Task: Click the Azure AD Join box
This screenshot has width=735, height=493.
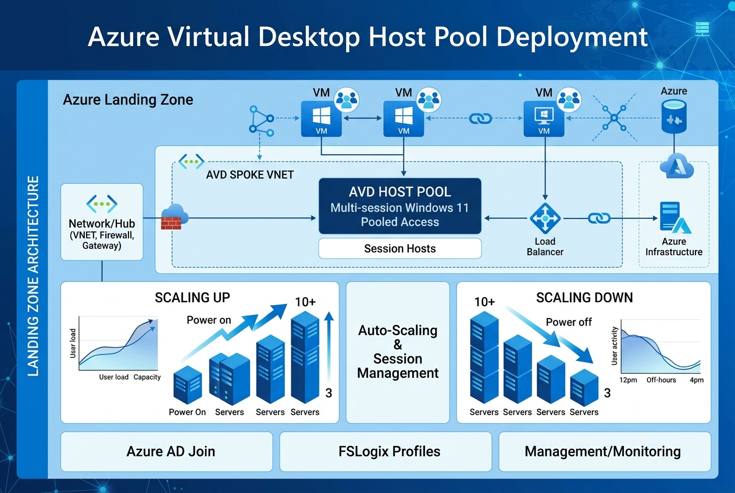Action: pos(166,451)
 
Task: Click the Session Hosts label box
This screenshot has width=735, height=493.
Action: pos(399,248)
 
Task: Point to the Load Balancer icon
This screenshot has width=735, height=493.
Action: pos(545,219)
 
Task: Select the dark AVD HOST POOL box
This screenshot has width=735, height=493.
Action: pos(399,206)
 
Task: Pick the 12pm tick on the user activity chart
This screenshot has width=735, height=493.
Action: pos(629,380)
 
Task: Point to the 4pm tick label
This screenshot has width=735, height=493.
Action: pos(697,380)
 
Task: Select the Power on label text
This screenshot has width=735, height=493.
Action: pos(209,320)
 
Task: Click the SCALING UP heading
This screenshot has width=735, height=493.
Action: pos(192,298)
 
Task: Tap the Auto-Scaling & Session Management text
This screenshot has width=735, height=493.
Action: pos(398,351)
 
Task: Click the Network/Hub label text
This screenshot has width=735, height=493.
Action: pos(102,224)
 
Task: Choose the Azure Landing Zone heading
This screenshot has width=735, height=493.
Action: pos(128,99)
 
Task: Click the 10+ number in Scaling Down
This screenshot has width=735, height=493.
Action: pos(484,302)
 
